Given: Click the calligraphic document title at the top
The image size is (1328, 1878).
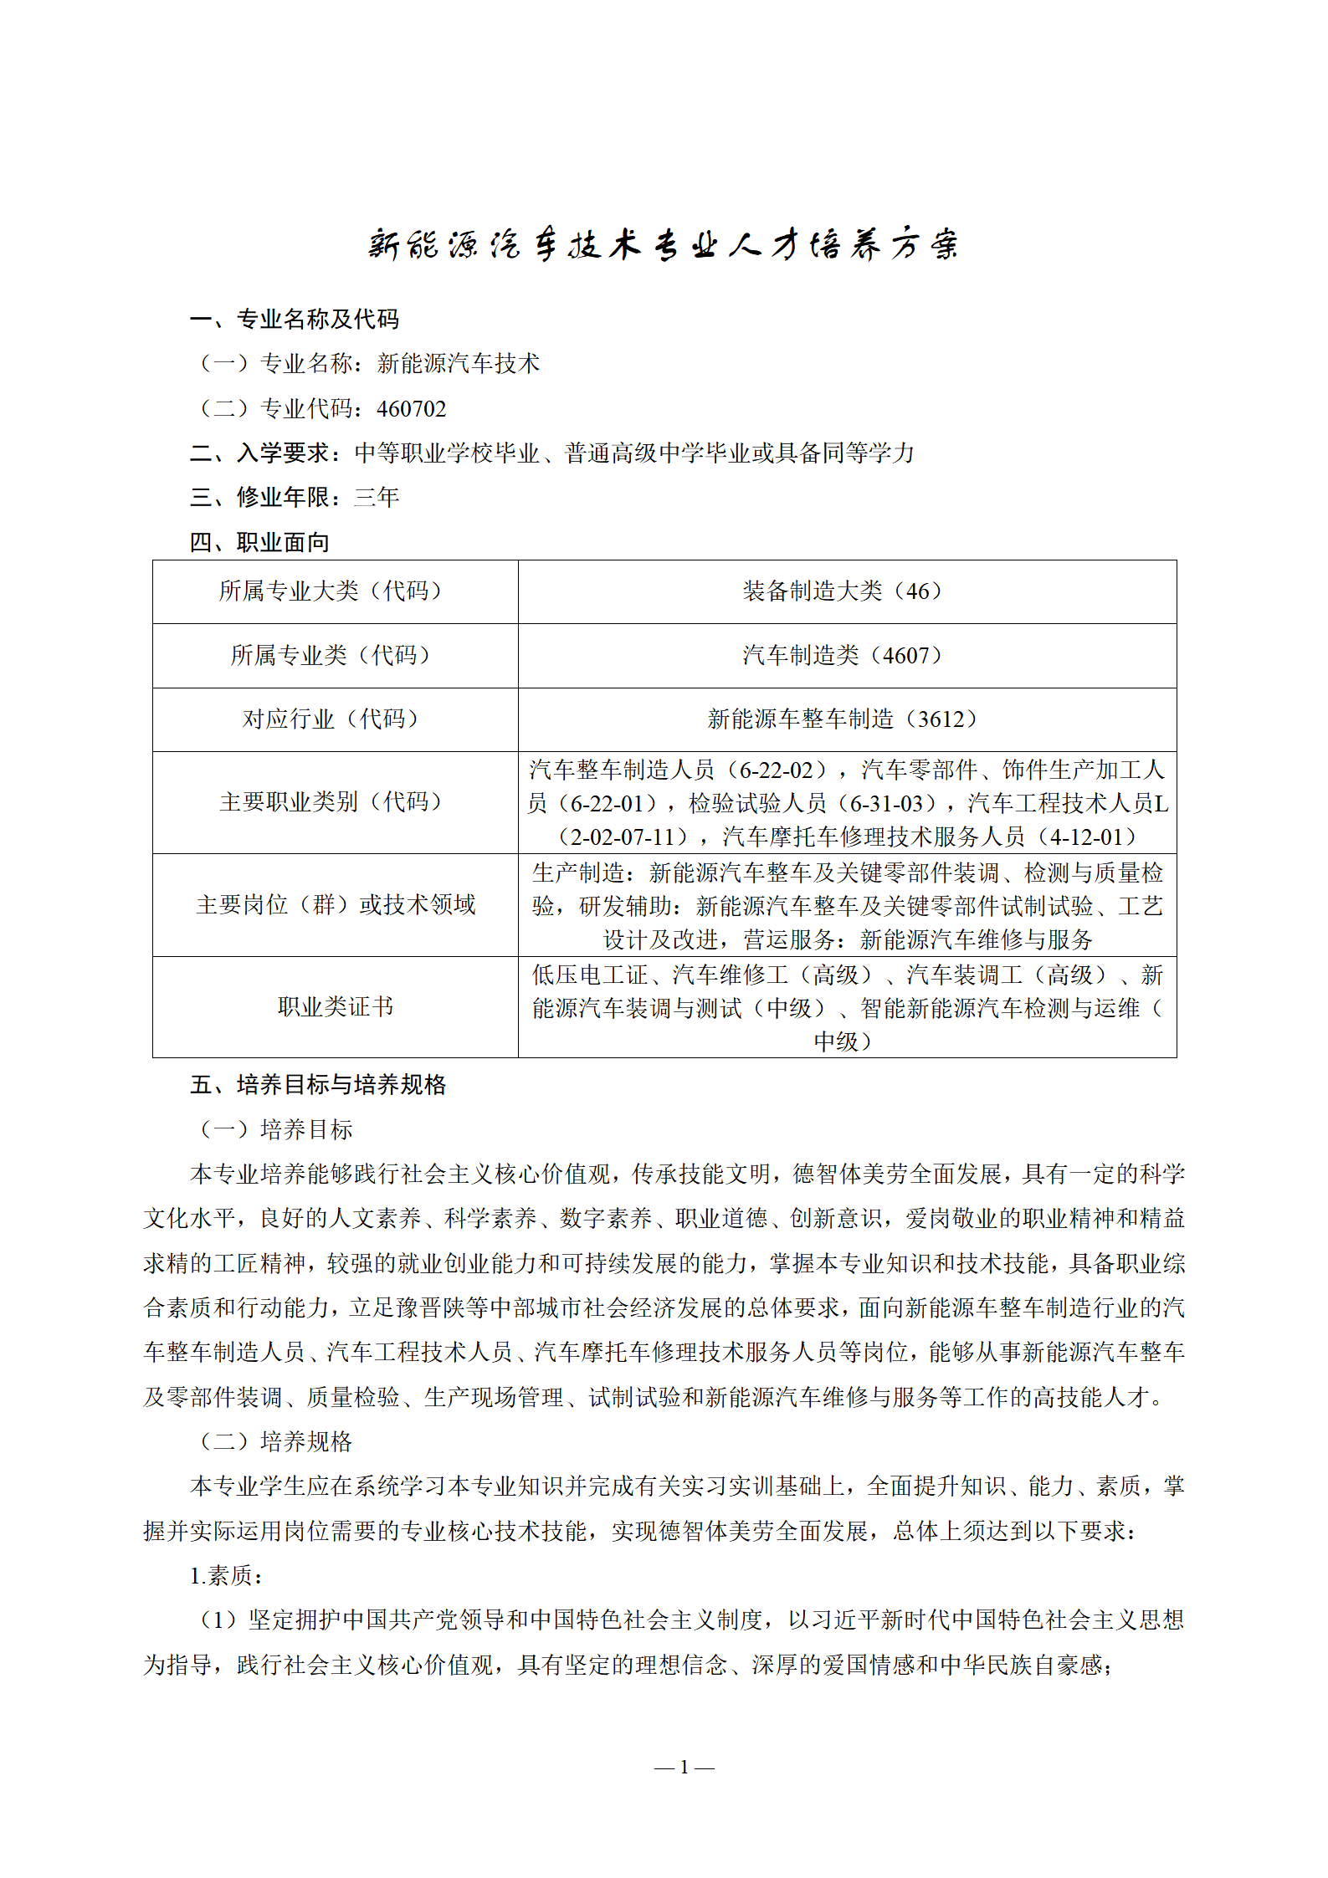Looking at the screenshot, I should click(664, 244).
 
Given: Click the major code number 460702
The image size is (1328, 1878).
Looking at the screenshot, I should click(411, 409).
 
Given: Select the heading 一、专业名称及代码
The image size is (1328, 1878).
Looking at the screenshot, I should click(295, 319).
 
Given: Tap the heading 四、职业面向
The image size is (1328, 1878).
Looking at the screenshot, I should click(259, 542).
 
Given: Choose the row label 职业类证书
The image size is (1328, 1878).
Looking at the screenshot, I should click(335, 1006).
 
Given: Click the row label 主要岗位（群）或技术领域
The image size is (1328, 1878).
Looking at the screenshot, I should click(335, 904).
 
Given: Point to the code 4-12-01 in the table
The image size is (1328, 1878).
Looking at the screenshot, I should click(1085, 837).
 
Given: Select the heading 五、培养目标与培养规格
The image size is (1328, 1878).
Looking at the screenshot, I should click(318, 1085).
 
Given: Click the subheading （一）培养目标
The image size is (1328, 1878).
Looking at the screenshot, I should click(276, 1130).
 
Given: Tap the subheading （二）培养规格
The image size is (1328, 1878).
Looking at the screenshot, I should click(276, 1441).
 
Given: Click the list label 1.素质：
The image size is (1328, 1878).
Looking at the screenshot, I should click(227, 1576).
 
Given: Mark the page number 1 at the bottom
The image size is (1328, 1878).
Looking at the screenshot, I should click(684, 1768).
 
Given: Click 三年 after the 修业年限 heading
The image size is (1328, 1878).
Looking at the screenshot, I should click(377, 498).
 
